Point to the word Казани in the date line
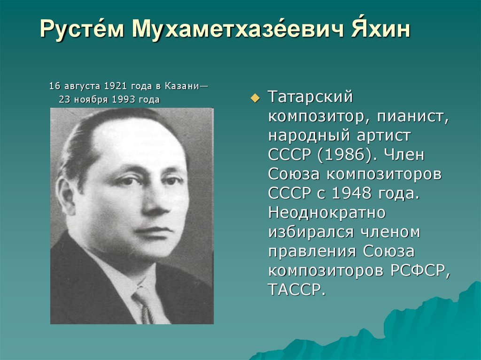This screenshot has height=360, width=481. tap(182, 86)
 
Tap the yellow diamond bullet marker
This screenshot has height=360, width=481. tap(255, 98)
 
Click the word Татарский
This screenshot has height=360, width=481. tap(310, 97)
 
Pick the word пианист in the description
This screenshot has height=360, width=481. tap(412, 116)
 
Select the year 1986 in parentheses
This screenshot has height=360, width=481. tap(344, 154)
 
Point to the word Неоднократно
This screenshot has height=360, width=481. tap(327, 212)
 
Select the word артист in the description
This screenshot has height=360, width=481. tap(383, 136)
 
